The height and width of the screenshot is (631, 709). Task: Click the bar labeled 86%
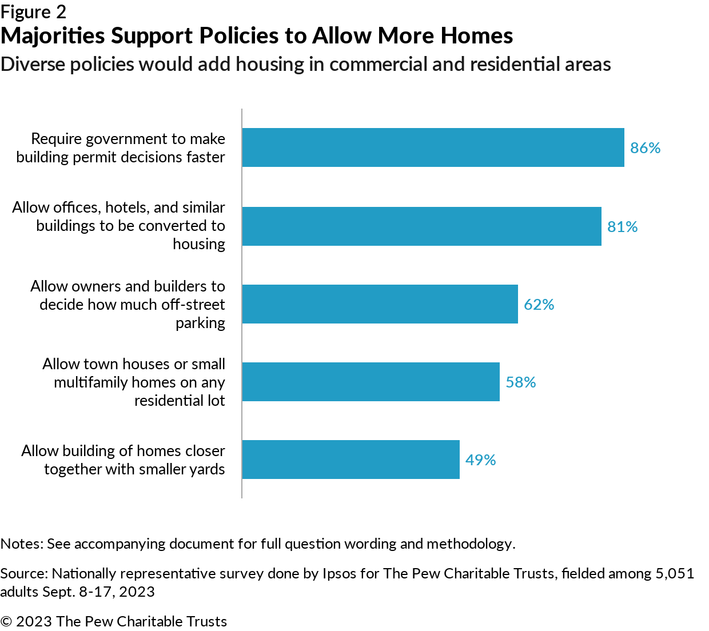coord(433,147)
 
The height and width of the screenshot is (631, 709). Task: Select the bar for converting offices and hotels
coord(421,226)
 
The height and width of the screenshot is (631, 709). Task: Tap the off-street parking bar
coord(380,304)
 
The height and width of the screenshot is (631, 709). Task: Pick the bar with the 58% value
coord(371,382)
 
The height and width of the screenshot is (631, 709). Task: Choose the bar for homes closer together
coord(350,460)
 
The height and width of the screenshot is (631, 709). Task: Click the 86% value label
coord(645,148)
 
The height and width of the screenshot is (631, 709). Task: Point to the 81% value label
coord(622,227)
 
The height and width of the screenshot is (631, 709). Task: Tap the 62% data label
coord(539,305)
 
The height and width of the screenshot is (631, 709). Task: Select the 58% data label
coord(520,382)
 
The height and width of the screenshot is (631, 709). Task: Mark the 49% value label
coord(480,460)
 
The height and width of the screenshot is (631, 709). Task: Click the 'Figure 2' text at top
coord(33,12)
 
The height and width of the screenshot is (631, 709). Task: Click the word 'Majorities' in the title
coord(53,36)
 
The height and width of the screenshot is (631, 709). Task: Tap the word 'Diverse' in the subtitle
coord(33,64)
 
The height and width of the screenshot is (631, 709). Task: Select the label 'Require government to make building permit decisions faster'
coord(121,148)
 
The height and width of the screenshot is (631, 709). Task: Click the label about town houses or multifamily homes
coord(134,382)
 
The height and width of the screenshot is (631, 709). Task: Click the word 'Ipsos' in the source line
coord(339,573)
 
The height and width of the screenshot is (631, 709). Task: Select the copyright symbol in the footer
coord(6,621)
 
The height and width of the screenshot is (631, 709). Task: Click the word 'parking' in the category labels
coord(200,323)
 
